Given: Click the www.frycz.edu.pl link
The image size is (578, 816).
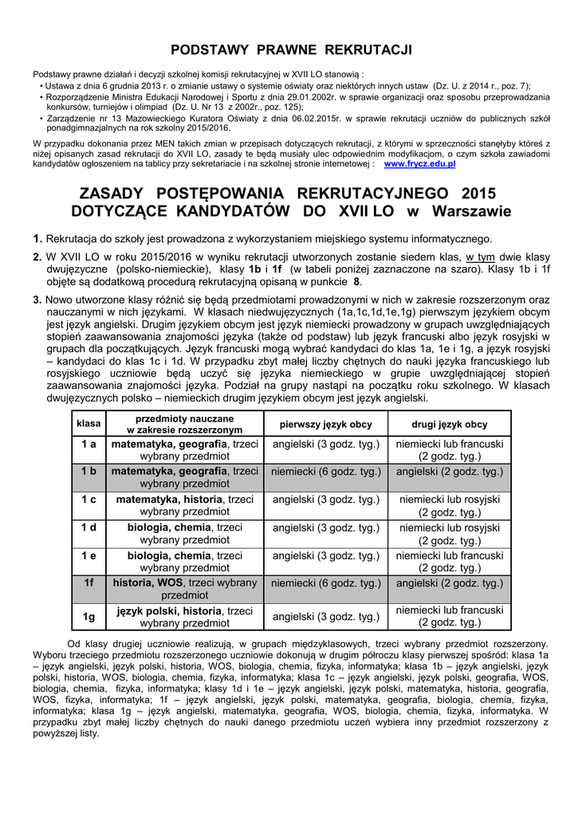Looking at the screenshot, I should pyautogui.click(x=419, y=163).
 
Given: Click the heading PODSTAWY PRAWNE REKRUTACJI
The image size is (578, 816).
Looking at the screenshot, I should pyautogui.click(x=293, y=50).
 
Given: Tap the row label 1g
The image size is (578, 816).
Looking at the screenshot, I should pyautogui.click(x=88, y=616).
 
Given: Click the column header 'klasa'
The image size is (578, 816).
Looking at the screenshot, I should pyautogui.click(x=88, y=424).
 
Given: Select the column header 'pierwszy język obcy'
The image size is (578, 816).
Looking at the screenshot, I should pyautogui.click(x=326, y=424).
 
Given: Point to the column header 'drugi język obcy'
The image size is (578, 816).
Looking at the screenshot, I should pyautogui.click(x=450, y=424).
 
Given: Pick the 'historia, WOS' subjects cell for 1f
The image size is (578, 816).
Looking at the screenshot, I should pyautogui.click(x=185, y=589).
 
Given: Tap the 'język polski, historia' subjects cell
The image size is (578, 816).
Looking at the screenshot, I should pyautogui.click(x=185, y=617).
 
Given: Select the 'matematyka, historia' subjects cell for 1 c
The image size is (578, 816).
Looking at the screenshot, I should pyautogui.click(x=185, y=505).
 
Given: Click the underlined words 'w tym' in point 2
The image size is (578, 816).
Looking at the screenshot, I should pyautogui.click(x=481, y=257).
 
